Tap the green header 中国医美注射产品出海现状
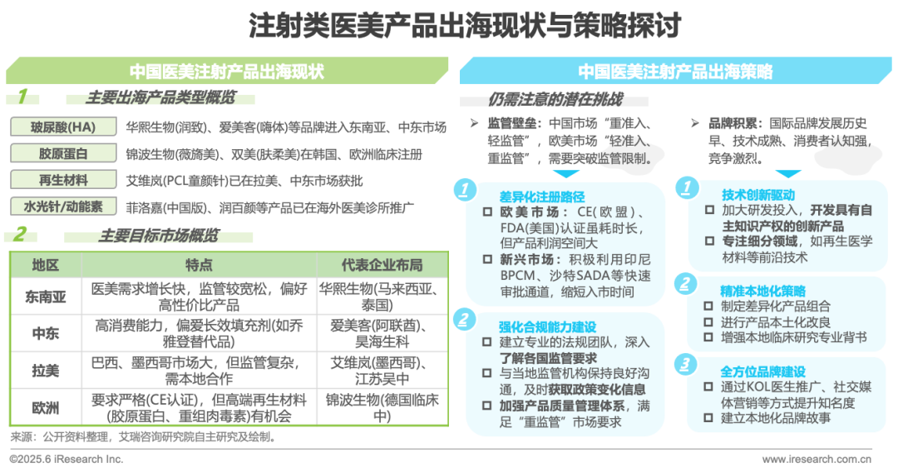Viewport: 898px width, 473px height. [x=226, y=71]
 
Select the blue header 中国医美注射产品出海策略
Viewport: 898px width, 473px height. [x=675, y=71]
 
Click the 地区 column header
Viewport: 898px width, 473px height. [x=45, y=265]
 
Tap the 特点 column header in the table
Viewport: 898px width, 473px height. [x=199, y=265]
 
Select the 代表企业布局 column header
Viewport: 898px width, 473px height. [x=382, y=265]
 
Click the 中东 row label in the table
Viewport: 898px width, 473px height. [x=45, y=332]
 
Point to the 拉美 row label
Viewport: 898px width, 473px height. [x=45, y=370]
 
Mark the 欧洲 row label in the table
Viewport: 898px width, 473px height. [x=45, y=407]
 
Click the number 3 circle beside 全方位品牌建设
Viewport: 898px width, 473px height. [x=684, y=364]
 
